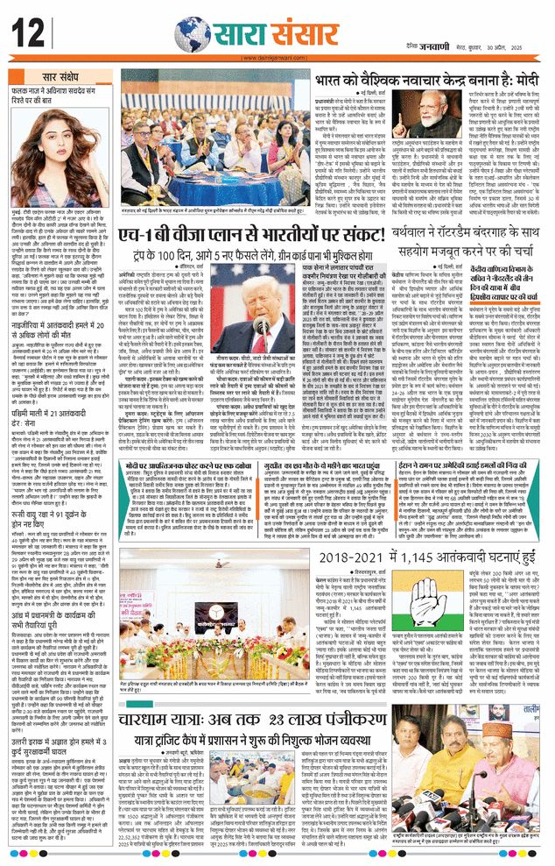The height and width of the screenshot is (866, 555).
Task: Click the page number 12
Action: click(28, 34)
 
